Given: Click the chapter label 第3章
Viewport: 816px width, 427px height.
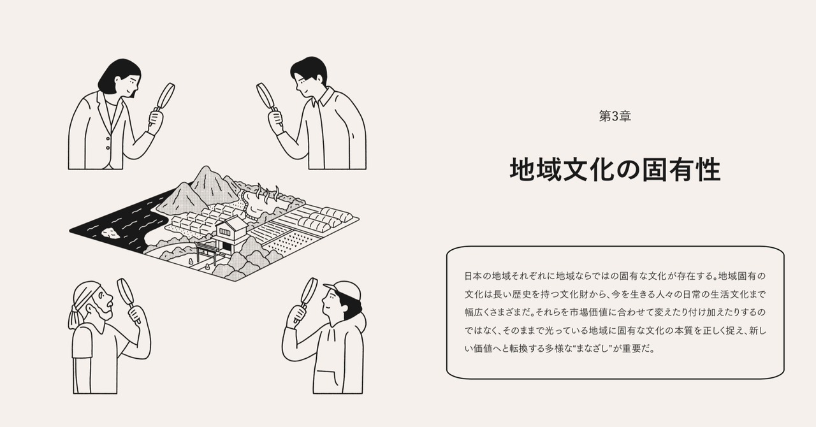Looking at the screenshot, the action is tap(615, 116).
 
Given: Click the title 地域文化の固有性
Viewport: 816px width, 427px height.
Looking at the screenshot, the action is tap(615, 170).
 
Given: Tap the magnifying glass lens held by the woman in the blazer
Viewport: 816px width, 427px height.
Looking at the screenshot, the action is tap(166, 96).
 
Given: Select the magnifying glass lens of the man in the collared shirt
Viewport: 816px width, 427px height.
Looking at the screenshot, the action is tap(265, 96).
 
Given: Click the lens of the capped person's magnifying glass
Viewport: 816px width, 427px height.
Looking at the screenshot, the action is tap(309, 291).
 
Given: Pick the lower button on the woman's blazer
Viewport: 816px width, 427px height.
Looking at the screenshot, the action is tap(108, 148).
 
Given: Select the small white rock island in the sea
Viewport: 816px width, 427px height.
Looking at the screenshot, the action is tap(110, 233).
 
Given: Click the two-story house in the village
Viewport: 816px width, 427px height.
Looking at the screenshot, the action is tap(230, 235).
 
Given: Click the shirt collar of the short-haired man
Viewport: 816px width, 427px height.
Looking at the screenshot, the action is tap(324, 96).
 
